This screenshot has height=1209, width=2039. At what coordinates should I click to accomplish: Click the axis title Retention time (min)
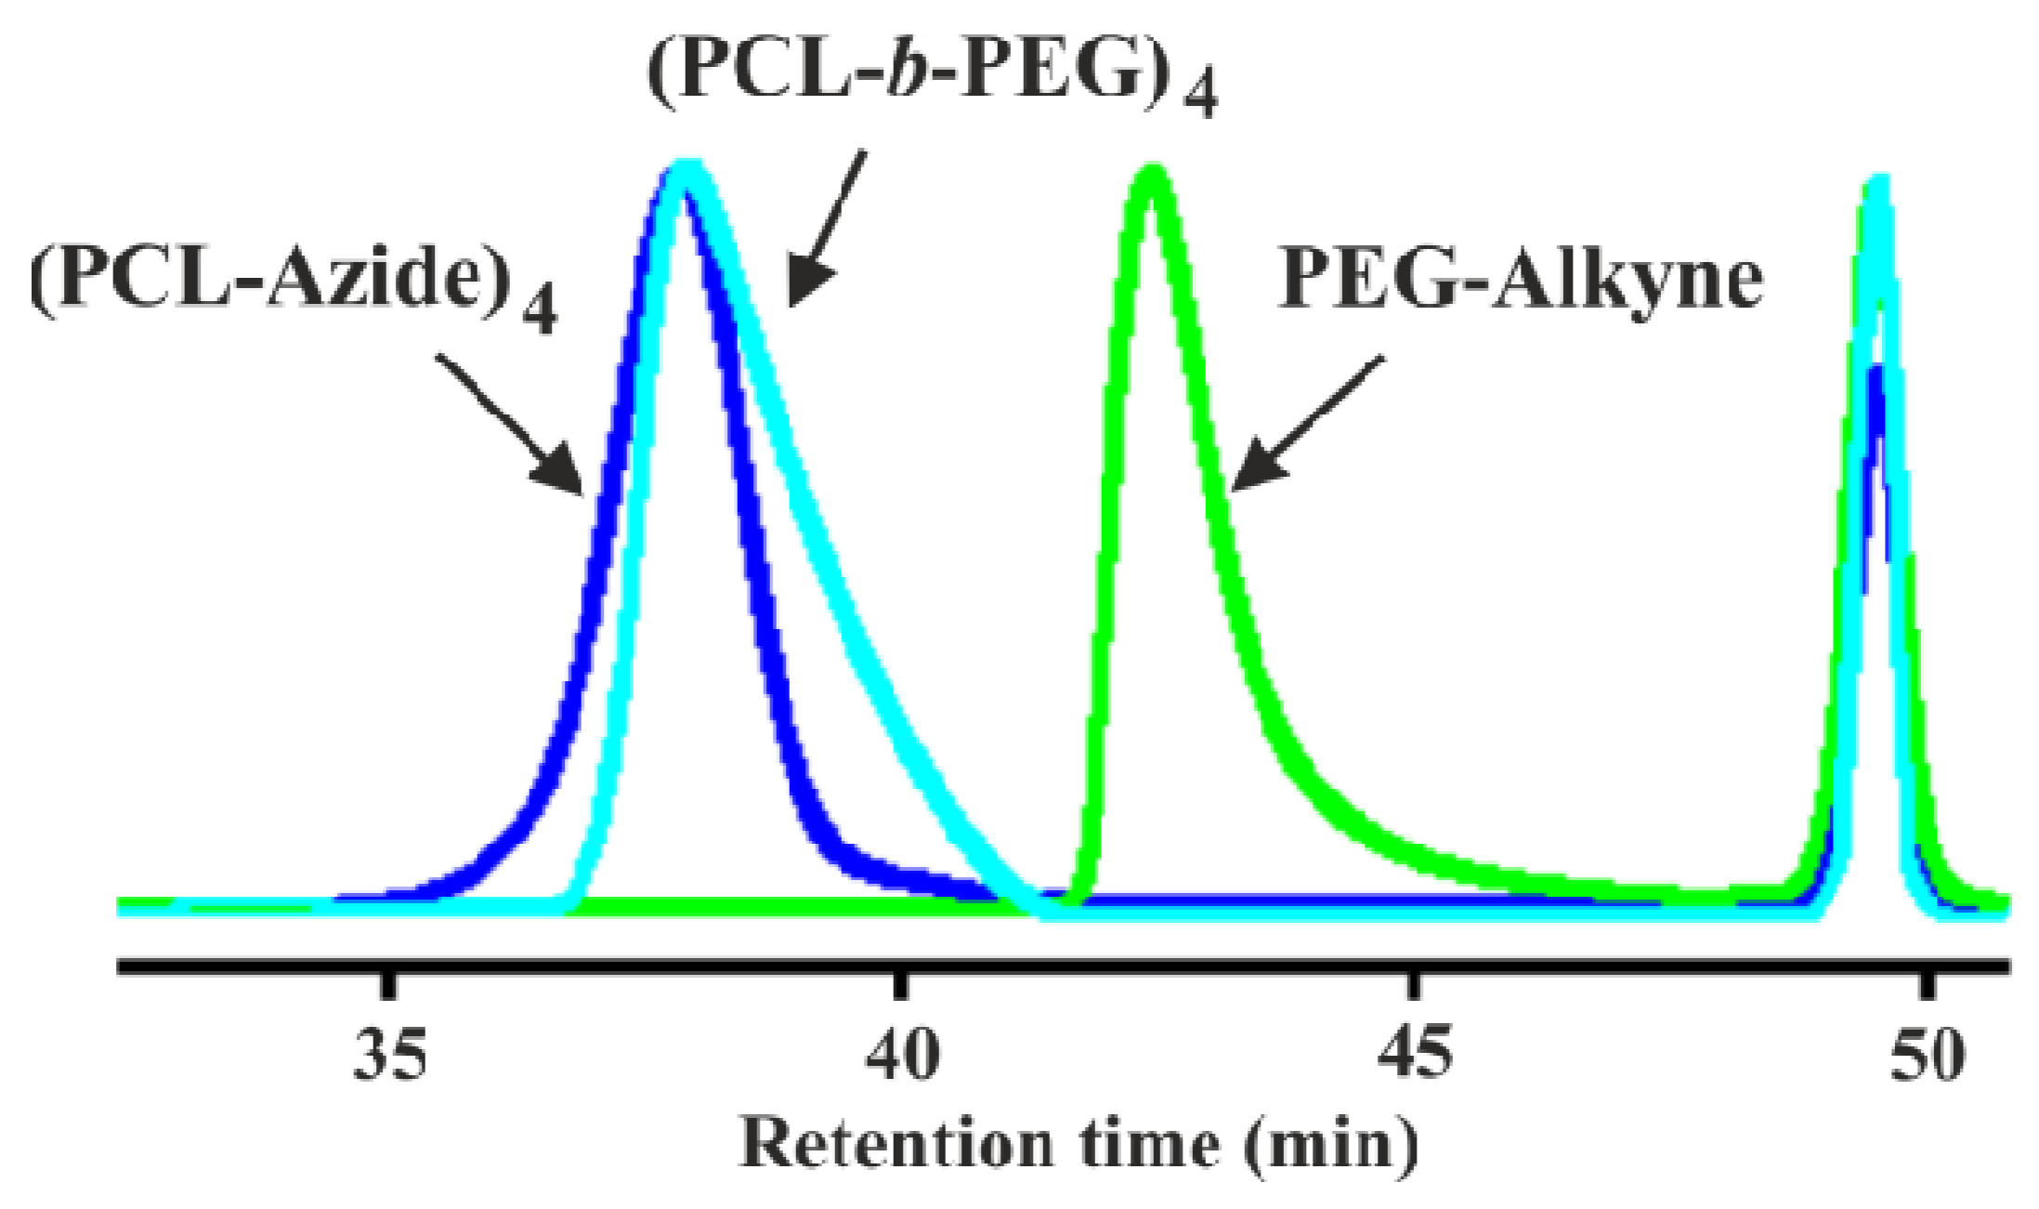point(1078,1144)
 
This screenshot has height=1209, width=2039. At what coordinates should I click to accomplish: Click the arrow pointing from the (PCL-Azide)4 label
point(511,423)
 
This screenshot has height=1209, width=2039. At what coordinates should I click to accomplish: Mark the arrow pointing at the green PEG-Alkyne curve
point(1305,423)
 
